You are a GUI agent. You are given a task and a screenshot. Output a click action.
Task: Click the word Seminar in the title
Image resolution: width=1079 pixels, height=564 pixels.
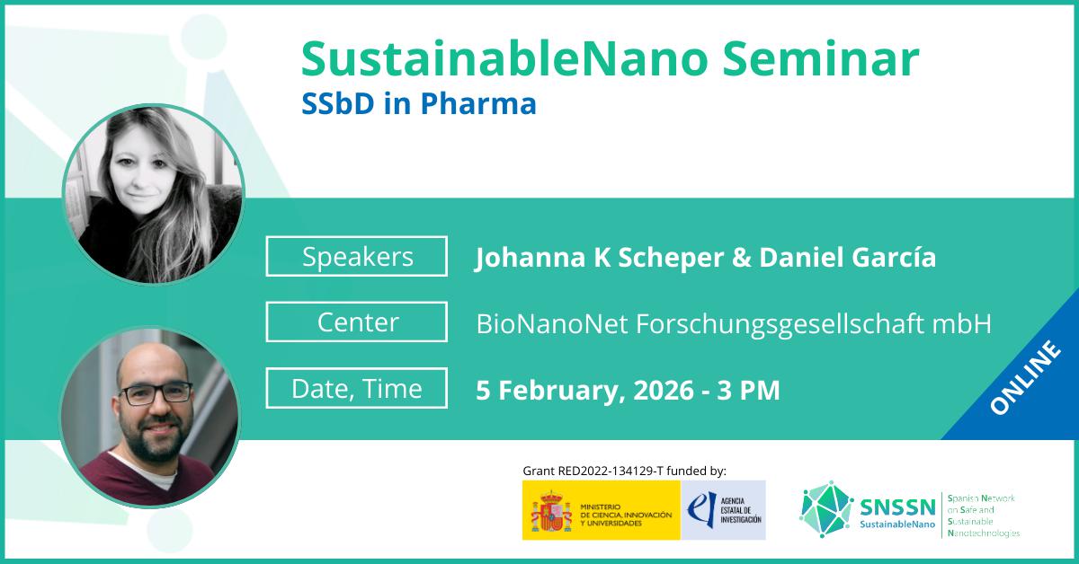pos(821,59)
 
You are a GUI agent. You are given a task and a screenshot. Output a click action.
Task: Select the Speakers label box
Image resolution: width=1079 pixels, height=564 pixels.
pos(356,256)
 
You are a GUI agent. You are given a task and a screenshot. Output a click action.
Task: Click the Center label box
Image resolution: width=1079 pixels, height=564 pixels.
pos(356,322)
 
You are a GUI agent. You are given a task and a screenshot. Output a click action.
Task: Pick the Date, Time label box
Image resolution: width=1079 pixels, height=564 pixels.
pos(356,388)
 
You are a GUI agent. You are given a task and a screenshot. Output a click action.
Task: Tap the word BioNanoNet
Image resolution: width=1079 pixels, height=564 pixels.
pos(552,323)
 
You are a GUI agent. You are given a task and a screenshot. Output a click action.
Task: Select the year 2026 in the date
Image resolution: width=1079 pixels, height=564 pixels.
pos(664,390)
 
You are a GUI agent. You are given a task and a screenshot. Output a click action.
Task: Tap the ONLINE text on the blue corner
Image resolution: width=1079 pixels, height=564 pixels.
pos(1025,377)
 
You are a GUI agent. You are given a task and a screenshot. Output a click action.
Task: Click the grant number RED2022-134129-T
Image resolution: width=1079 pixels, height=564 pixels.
pos(611,471)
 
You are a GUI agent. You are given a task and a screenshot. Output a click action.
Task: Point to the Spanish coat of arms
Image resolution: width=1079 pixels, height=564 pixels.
pos(551,510)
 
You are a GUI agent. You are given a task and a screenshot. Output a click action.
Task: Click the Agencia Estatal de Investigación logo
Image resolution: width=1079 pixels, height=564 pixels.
pos(723,510)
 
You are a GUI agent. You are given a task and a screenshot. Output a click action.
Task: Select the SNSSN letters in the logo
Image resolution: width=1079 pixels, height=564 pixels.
pos(897,507)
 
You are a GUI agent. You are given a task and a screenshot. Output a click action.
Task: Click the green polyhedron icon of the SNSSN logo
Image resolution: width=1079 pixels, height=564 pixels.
pos(825,509)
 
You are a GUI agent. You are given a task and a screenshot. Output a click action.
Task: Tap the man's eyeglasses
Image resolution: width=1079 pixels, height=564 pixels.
pos(155,392)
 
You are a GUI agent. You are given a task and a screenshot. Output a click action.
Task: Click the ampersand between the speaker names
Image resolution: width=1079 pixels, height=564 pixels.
pos(741,257)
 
